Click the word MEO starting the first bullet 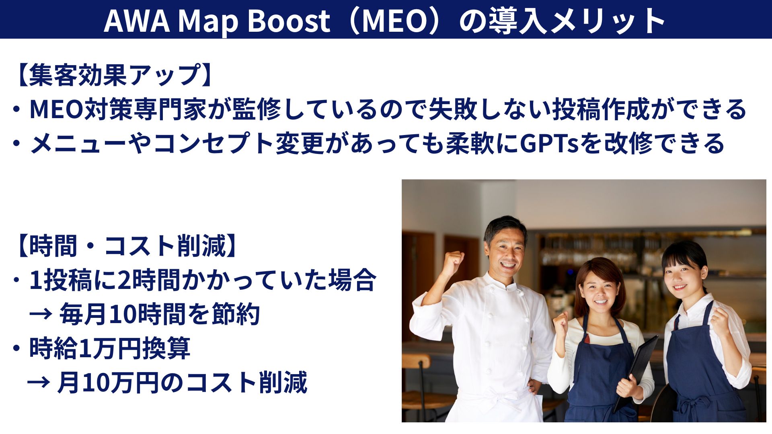tap(56, 109)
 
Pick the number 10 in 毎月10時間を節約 tap(121, 314)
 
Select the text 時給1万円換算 tap(109, 348)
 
